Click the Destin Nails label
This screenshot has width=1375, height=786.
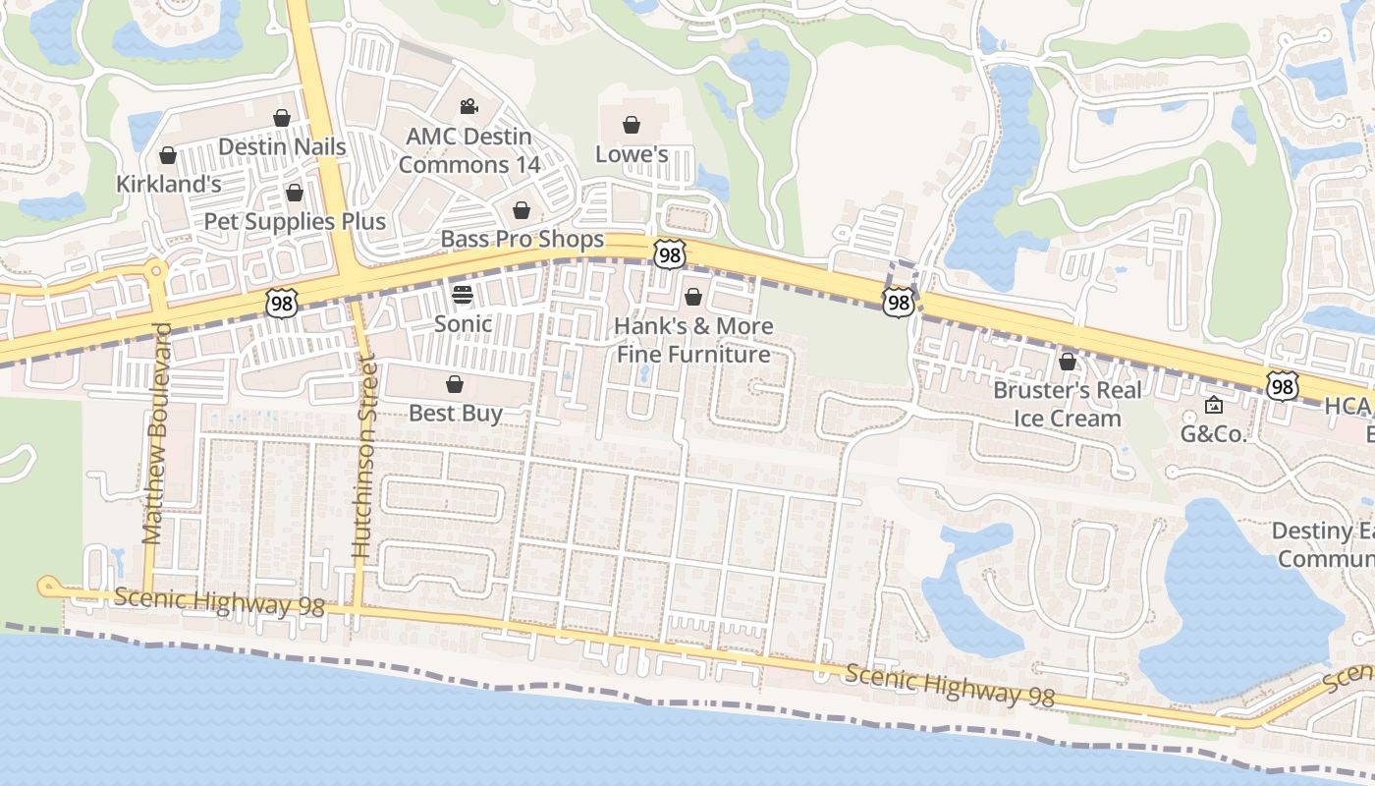282,147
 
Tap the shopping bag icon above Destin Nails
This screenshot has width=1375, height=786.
282,118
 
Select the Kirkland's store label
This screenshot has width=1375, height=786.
168,184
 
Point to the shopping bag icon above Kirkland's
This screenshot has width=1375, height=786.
168,155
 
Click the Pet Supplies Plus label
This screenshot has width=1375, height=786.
295,221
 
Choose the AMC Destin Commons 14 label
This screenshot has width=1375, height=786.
469,150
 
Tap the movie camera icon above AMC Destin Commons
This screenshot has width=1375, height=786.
468,106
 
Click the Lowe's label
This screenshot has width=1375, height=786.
632,154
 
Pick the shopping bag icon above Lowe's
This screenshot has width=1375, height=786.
632,125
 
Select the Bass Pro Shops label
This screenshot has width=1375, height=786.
522,239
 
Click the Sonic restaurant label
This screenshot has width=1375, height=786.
463,323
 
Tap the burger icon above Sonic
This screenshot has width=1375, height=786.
463,294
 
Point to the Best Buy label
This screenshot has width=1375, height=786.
456,413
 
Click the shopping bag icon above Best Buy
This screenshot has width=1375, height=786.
455,383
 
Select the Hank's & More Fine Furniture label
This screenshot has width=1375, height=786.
693,340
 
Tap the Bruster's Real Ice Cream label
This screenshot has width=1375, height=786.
1068,404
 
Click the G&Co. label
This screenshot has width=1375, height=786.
1213,433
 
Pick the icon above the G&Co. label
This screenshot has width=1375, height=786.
1214,405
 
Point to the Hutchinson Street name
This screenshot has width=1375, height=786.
363,457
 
